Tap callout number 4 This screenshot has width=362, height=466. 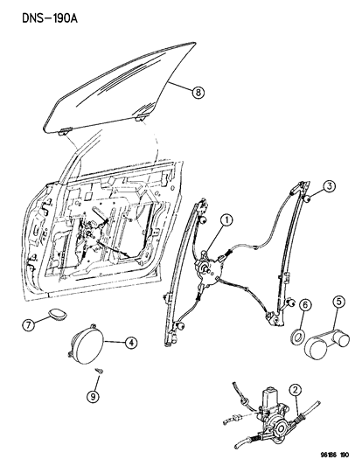point(130,343)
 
